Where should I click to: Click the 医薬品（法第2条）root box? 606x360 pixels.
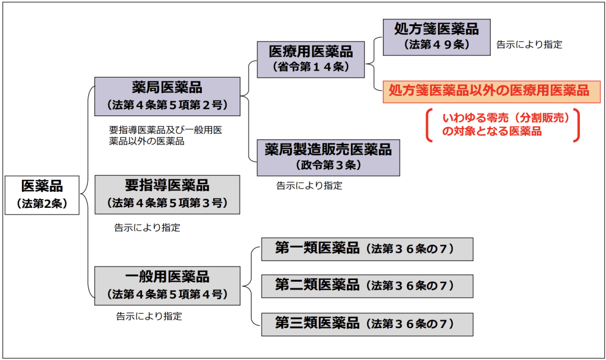tap(42, 194)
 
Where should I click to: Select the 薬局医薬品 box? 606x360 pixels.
tap(167, 96)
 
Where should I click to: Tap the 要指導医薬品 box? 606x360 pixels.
tap(167, 194)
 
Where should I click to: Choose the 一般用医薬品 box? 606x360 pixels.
tap(167, 285)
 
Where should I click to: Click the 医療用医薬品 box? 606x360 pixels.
tap(311, 59)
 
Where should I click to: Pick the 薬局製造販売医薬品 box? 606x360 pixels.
tap(328, 157)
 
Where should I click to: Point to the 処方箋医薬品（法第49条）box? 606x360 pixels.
tap(437, 36)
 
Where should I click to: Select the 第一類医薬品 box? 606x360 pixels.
tap(367, 249)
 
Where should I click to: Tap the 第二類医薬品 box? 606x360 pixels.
tap(367, 285)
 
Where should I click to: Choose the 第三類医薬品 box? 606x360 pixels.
tap(367, 324)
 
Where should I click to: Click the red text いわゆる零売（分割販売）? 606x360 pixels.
tap(501, 118)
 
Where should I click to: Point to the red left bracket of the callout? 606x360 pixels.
tap(429, 126)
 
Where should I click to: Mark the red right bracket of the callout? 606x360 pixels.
tap(576, 126)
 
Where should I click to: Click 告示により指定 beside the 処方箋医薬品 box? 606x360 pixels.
tap(529, 44)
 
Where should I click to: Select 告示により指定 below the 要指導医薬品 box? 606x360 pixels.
tap(147, 227)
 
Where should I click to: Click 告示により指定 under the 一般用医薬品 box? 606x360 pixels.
tap(149, 316)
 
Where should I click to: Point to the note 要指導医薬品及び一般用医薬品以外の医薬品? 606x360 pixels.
tap(165, 136)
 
